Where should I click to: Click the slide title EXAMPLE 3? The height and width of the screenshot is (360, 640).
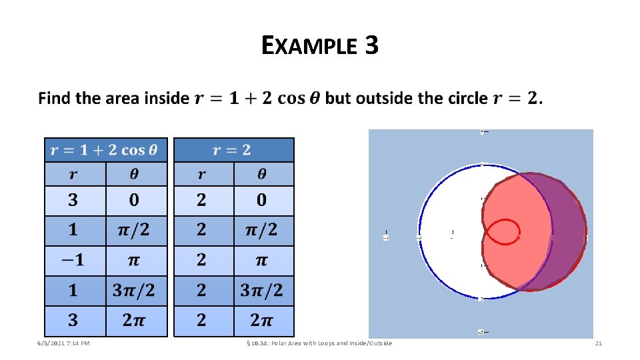(x=320, y=45)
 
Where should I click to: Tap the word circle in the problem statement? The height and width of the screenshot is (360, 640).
(x=465, y=99)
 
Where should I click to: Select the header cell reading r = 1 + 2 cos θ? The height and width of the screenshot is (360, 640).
(x=105, y=150)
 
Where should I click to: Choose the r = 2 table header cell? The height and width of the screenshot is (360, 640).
(x=233, y=150)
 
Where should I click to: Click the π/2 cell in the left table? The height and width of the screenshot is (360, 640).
(x=136, y=231)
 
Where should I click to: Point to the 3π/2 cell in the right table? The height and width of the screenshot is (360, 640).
(x=263, y=291)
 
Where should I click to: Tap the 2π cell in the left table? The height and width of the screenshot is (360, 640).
(x=136, y=321)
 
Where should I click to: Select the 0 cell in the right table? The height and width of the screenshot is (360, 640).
(x=263, y=200)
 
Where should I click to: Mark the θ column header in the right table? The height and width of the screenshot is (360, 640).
(x=263, y=174)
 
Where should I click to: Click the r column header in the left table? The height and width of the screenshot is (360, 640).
(x=75, y=174)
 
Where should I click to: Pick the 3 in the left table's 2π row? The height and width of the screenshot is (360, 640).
(x=75, y=321)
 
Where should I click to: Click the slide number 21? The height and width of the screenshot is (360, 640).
(x=598, y=343)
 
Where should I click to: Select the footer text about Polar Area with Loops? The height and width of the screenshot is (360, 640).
(x=320, y=343)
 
